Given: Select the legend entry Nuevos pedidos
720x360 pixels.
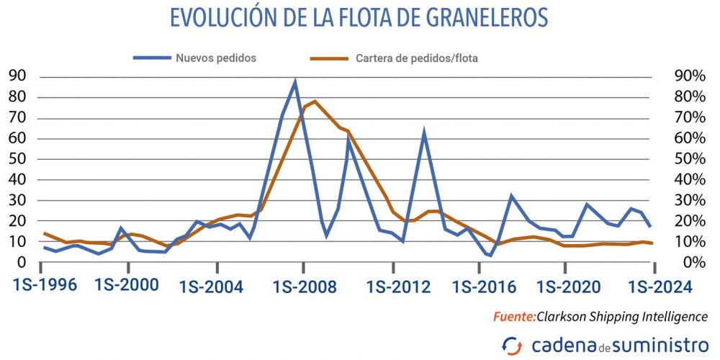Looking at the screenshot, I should pos(216,58).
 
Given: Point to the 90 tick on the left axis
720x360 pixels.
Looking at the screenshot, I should pos(18,76).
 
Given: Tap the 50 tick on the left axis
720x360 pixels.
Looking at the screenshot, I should pos(18,159).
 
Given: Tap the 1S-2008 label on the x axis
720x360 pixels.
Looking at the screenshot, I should pos(305,287).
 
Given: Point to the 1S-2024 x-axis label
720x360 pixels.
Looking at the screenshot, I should pos(660,286).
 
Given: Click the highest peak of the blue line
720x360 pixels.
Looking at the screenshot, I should pos(294,81).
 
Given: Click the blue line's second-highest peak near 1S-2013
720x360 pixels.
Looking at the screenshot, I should pos(425,131).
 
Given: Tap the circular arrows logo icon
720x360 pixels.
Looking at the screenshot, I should pos(513,344).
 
